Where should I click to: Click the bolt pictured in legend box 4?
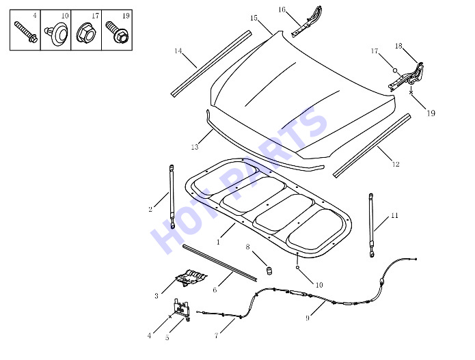pyautogui.click(x=26, y=32)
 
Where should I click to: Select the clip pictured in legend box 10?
pyautogui.click(x=57, y=35)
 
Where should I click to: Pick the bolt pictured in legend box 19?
pyautogui.click(x=117, y=32)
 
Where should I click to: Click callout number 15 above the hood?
pyautogui.click(x=254, y=18)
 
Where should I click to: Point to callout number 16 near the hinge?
pyautogui.click(x=282, y=10)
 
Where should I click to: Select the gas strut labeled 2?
pyautogui.click(x=172, y=197)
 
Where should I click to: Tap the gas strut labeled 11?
pyautogui.click(x=371, y=225)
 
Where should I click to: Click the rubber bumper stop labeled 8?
pyautogui.click(x=269, y=271)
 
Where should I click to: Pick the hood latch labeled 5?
pyautogui.click(x=182, y=309)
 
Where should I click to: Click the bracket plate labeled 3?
pyautogui.click(x=191, y=277)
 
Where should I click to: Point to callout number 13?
pyautogui.click(x=195, y=147)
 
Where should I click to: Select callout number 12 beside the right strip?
pyautogui.click(x=396, y=165)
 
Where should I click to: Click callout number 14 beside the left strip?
pyautogui.click(x=178, y=51)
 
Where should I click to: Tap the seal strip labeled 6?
pyautogui.click(x=219, y=263)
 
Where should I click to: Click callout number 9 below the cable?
pyautogui.click(x=307, y=318)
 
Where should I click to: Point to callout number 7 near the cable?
pyautogui.click(x=216, y=335)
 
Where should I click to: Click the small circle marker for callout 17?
pyautogui.click(x=395, y=70)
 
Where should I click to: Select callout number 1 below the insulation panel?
pyautogui.click(x=218, y=243)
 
